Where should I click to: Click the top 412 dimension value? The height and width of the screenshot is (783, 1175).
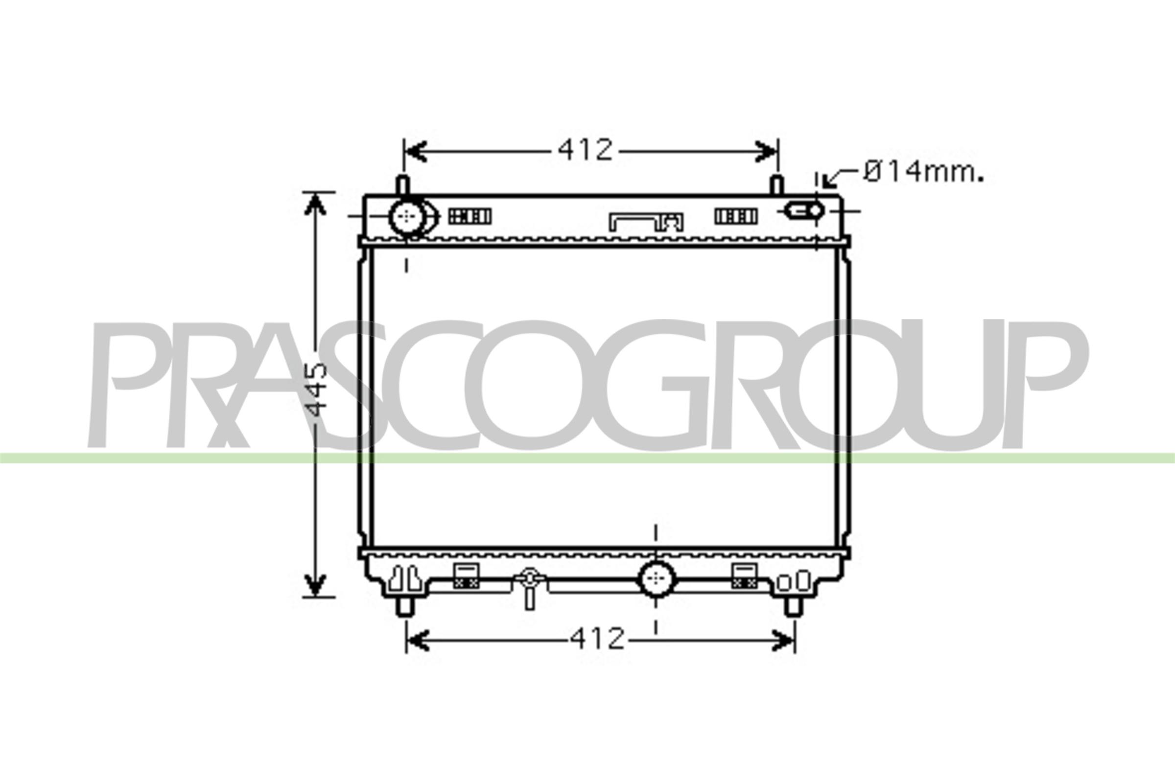585,150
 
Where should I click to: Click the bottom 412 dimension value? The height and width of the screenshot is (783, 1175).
597,639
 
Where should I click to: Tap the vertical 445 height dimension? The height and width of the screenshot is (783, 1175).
317,389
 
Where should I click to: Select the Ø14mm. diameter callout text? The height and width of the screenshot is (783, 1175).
923,173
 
